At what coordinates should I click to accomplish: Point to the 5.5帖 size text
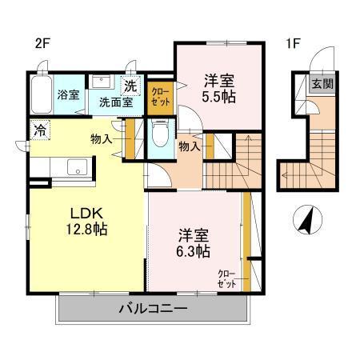click(x=219, y=96)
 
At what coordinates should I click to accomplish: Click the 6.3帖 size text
click(x=194, y=251)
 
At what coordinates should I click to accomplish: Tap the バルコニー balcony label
click(x=154, y=308)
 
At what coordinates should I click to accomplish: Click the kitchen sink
click(x=78, y=166)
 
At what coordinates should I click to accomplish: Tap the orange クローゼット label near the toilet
click(x=160, y=97)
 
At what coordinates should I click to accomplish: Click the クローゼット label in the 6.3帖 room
click(x=227, y=279)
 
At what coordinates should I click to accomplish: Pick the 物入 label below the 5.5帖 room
click(x=189, y=147)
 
